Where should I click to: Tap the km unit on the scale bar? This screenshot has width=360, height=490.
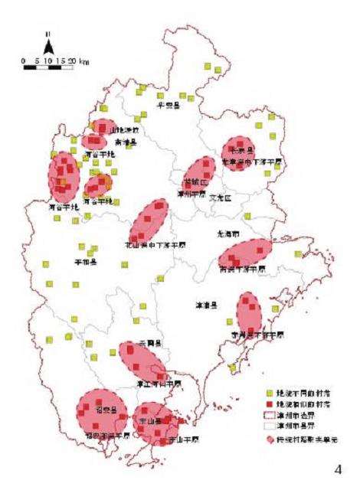click(x=83, y=59)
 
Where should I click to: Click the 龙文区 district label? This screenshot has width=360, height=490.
click(x=220, y=197)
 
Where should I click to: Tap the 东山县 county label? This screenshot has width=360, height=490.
click(x=148, y=422)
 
